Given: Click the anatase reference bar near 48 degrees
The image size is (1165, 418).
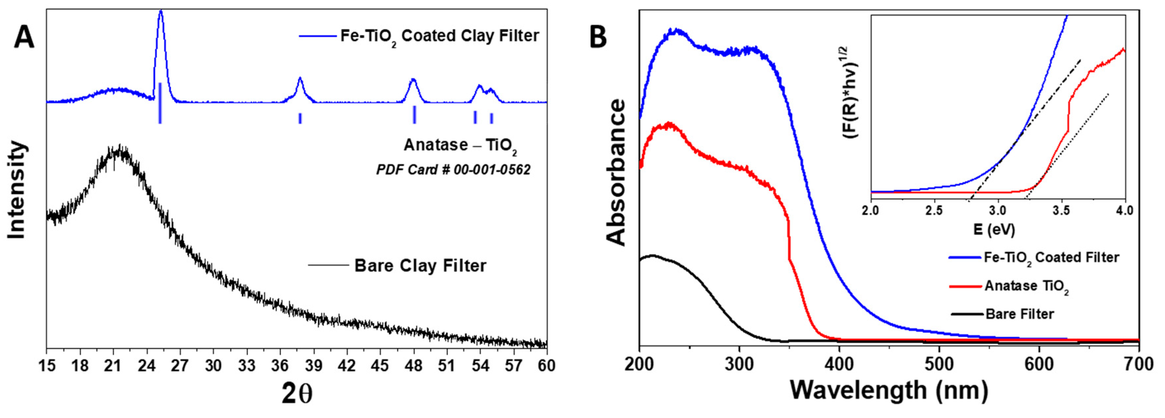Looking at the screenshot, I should coord(414,114).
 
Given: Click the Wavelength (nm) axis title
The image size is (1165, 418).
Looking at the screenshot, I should coord(889,390).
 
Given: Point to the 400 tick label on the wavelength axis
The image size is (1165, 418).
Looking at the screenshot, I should coord(840,365).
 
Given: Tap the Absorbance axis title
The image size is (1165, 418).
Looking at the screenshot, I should coord(616,172).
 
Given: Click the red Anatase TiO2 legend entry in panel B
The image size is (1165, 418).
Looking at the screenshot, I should coord(1026,286).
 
